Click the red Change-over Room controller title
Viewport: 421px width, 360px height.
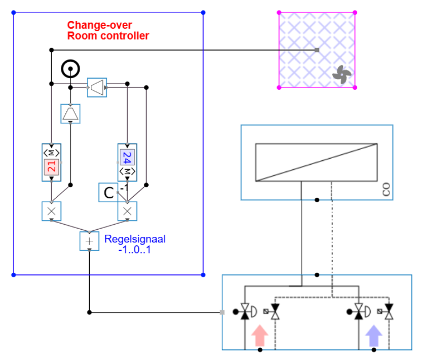pyautogui.click(x=108, y=30)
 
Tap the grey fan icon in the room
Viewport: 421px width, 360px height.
pyautogui.click(x=341, y=75)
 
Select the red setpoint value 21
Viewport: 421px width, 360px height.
pyautogui.click(x=51, y=166)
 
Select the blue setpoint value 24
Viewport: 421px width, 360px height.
pyautogui.click(x=127, y=157)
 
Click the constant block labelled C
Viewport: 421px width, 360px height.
pyautogui.click(x=108, y=193)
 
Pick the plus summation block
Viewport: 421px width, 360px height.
pyautogui.click(x=89, y=241)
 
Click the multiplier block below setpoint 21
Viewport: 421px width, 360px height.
pyautogui.click(x=51, y=211)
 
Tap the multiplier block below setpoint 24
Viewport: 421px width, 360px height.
pyautogui.click(x=127, y=211)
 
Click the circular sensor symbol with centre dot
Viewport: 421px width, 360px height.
pyautogui.click(x=70, y=68)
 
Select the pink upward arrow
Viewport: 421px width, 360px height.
pyautogui.click(x=260, y=336)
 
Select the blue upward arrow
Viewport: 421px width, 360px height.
pyautogui.click(x=374, y=336)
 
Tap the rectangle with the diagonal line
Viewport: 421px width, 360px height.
pyautogui.click(x=317, y=162)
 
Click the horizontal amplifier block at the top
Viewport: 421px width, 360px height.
pyautogui.click(x=97, y=87)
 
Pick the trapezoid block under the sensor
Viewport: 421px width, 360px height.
pyautogui.click(x=70, y=113)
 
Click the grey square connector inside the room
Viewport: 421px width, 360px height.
pyautogui.click(x=317, y=50)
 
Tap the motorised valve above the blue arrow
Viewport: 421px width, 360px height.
pyautogui.click(x=360, y=311)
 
